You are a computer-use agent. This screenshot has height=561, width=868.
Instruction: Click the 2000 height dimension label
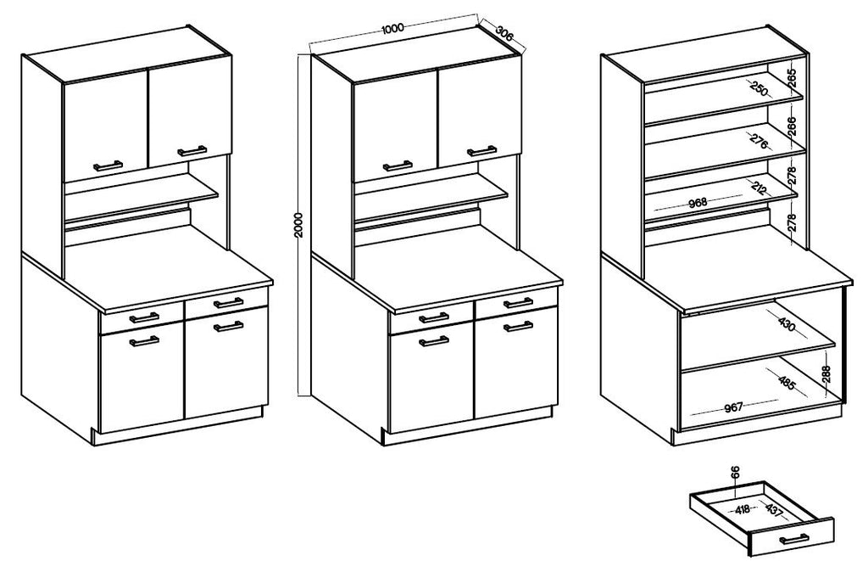(299, 225)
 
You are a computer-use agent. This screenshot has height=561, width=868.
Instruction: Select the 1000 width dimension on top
(392, 28)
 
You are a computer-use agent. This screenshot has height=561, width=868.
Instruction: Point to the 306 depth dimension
(503, 33)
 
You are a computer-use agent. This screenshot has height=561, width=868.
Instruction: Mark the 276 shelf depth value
(759, 141)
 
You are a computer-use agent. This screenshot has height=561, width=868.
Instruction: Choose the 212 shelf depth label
(759, 188)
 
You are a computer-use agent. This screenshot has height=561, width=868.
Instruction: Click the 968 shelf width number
(698, 202)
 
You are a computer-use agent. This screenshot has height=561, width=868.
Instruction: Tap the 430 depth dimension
(786, 325)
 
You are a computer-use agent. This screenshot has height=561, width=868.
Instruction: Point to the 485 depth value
(786, 383)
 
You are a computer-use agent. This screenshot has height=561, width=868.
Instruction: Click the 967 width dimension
(733, 407)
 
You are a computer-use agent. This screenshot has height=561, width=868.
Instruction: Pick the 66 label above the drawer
(735, 472)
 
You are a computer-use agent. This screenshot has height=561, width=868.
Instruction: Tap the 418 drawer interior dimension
(742, 508)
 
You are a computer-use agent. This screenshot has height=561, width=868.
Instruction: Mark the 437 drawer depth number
(775, 510)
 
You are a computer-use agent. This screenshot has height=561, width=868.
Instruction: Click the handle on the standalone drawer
(793, 538)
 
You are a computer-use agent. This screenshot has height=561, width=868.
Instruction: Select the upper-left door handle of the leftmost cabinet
(108, 165)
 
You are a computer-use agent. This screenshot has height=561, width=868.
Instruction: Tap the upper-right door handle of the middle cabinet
(481, 151)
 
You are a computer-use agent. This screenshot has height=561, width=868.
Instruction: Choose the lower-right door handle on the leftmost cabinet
(229, 325)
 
